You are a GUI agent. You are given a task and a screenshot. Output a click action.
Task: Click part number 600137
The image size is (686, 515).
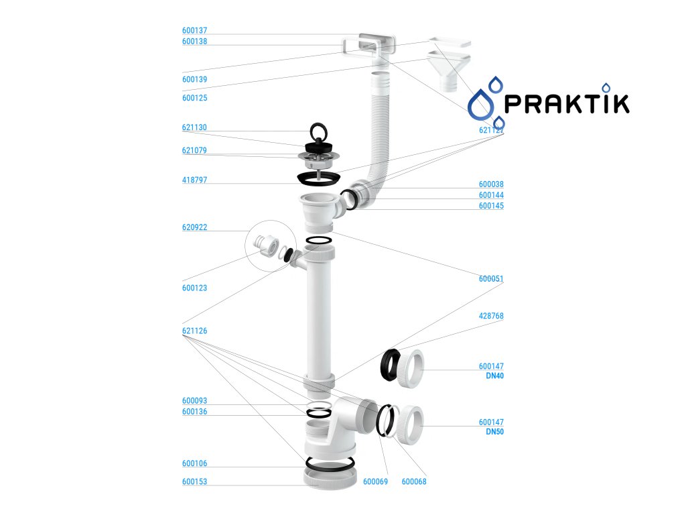(x=194, y=30)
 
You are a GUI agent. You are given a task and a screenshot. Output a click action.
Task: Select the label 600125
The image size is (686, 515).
(x=194, y=98)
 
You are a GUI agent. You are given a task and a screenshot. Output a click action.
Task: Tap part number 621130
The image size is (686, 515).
(x=194, y=127)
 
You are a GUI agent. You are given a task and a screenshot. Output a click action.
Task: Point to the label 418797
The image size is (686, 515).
(x=194, y=180)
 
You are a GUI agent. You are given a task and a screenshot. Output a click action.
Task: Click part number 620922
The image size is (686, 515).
(x=194, y=227)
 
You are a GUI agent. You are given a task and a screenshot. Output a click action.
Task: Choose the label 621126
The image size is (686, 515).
(x=194, y=331)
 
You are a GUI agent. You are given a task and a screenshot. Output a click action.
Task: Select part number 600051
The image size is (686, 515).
(x=491, y=278)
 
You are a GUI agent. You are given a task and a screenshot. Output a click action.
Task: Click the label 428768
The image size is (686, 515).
(x=491, y=315)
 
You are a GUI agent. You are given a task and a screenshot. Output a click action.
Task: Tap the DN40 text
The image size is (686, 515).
(x=494, y=376)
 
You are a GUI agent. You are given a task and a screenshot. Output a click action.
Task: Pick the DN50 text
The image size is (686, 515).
(x=494, y=432)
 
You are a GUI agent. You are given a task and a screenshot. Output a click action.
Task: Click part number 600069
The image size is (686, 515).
(x=375, y=481)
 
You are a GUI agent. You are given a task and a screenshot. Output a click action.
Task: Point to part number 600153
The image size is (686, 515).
(x=194, y=481)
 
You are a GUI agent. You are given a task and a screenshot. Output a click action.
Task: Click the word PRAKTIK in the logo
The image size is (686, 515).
(x=566, y=103)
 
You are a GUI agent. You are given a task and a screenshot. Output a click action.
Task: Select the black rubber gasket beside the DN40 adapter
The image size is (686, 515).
(x=390, y=363)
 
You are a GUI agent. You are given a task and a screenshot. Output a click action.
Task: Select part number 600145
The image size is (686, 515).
(x=491, y=206)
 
